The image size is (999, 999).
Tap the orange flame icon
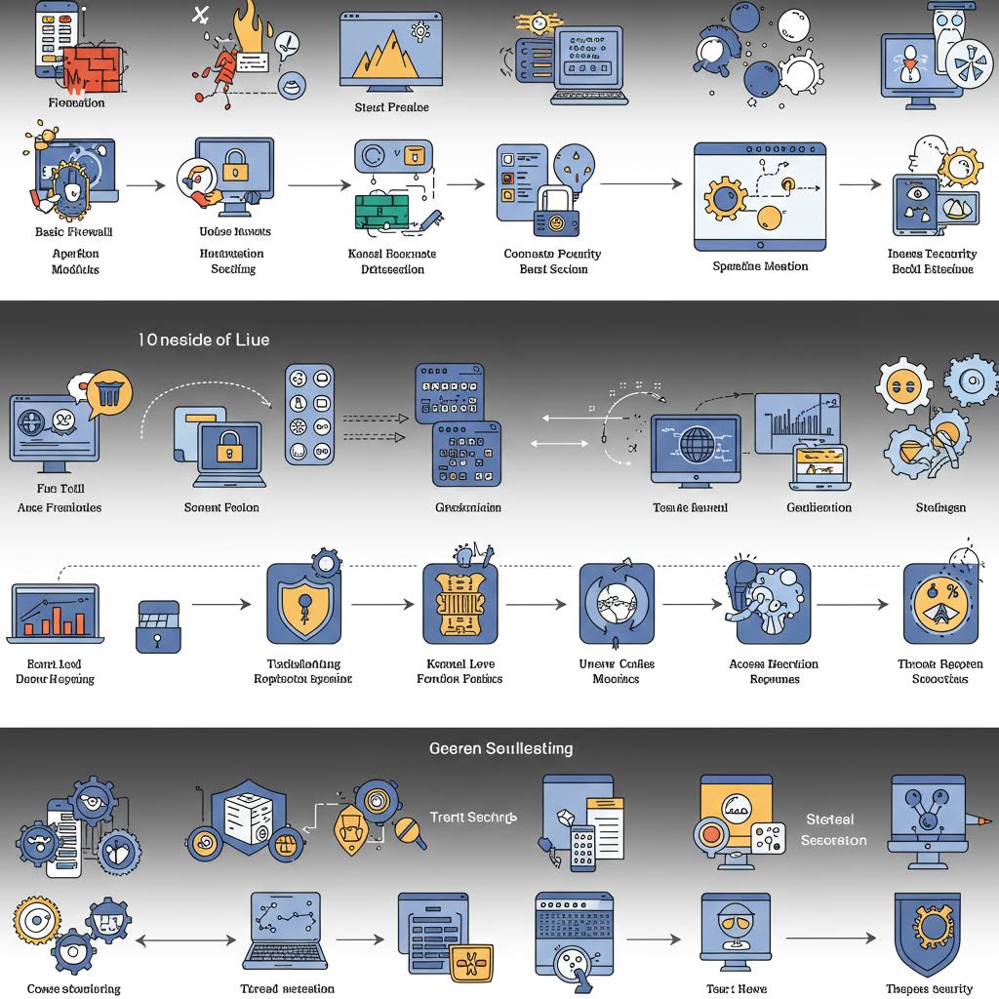[x=239, y=29]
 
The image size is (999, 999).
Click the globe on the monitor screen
[x=697, y=445]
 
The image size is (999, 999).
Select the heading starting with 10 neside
[x=203, y=340]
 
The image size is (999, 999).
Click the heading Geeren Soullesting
[x=500, y=748]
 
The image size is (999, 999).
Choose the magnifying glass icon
[x=408, y=831]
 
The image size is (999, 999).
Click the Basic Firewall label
[x=74, y=232]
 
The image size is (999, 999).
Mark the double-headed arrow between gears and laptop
[x=186, y=939]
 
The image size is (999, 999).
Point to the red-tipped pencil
[x=979, y=821]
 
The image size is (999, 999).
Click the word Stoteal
[x=830, y=819]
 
